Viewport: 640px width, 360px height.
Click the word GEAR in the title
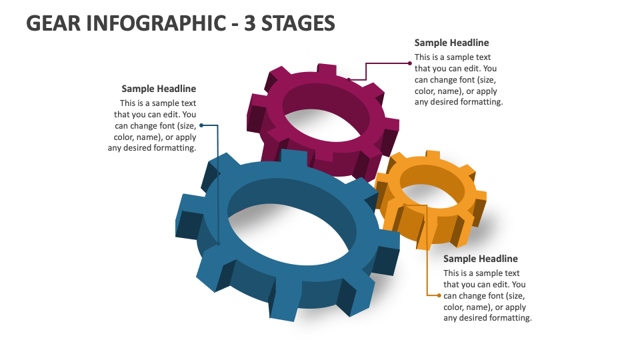[x=54, y=23]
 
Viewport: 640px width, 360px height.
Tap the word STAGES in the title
[x=298, y=23]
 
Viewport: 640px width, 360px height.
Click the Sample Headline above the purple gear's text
[x=451, y=43]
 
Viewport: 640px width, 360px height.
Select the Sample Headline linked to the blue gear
[x=159, y=89]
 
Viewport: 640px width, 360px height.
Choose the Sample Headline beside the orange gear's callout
[x=480, y=259]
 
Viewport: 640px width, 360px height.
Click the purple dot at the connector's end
[x=410, y=63]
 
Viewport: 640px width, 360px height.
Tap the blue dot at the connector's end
[x=201, y=125]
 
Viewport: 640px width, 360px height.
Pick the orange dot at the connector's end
[x=439, y=295]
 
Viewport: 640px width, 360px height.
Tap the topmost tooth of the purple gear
[x=326, y=69]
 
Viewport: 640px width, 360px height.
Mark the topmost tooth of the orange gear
[x=432, y=156]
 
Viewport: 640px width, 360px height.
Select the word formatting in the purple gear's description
[x=481, y=102]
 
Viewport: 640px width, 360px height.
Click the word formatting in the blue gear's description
[x=173, y=148]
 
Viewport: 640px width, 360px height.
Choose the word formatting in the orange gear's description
[x=509, y=318]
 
